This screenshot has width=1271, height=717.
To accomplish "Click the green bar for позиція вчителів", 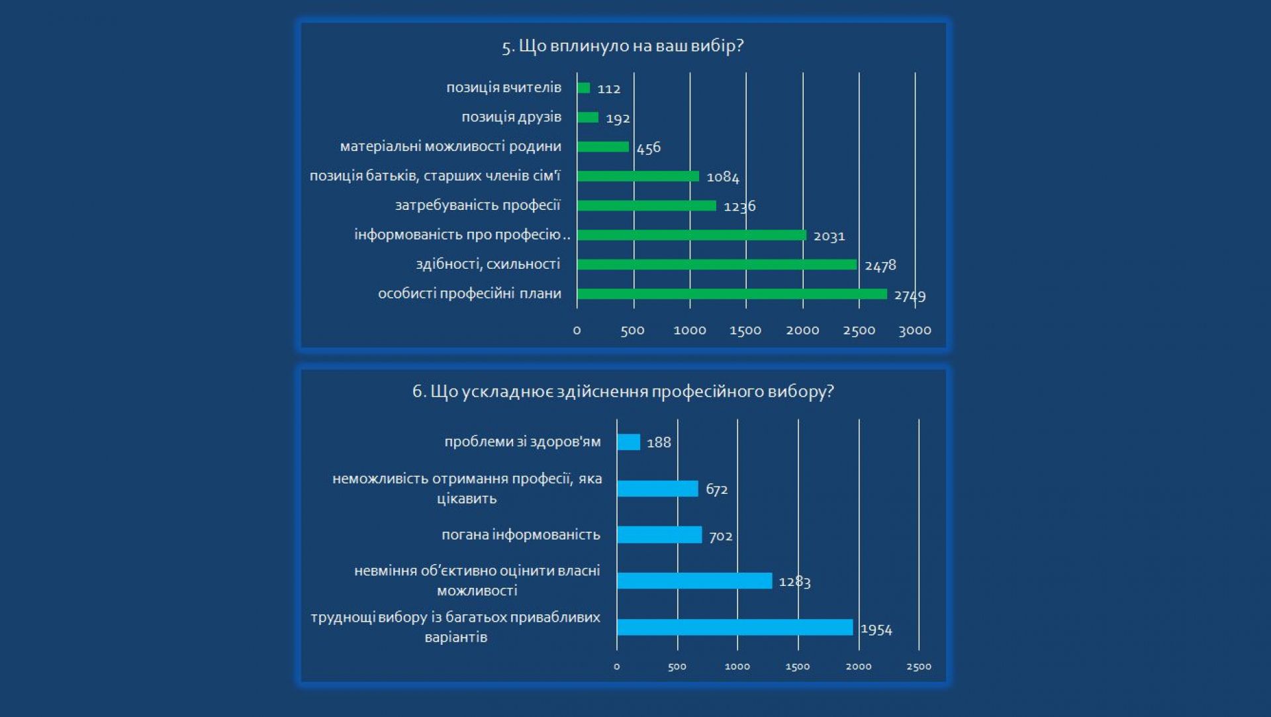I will pyautogui.click(x=583, y=88).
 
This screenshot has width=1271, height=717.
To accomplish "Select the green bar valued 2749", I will pyautogui.click(x=731, y=294).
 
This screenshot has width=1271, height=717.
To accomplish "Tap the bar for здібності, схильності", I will pyautogui.click(x=716, y=264).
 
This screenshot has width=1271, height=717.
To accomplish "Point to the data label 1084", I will pyautogui.click(x=723, y=177).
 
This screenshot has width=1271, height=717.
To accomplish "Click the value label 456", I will pyautogui.click(x=649, y=148).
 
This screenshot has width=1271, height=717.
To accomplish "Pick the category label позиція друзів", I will pyautogui.click(x=511, y=117).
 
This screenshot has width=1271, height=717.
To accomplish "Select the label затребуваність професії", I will pyautogui.click(x=477, y=205).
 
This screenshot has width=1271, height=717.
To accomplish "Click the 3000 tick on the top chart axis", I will pyautogui.click(x=915, y=330).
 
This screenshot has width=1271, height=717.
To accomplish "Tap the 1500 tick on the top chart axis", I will pyautogui.click(x=745, y=330).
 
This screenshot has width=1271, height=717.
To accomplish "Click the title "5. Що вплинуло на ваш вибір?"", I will pyautogui.click(x=623, y=46).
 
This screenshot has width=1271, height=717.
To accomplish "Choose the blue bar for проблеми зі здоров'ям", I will pyautogui.click(x=628, y=442).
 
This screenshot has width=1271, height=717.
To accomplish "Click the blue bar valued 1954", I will pyautogui.click(x=735, y=627).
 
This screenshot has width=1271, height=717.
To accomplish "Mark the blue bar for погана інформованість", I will pyautogui.click(x=659, y=534).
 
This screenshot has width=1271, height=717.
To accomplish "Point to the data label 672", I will pyautogui.click(x=717, y=489).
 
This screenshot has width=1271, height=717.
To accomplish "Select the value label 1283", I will pyautogui.click(x=794, y=581).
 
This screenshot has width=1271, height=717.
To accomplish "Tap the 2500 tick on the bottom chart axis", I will pyautogui.click(x=919, y=667).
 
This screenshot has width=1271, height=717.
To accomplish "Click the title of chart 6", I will pyautogui.click(x=623, y=392).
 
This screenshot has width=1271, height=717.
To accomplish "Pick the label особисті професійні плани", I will pyautogui.click(x=469, y=293).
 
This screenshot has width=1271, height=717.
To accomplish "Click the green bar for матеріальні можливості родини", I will pyautogui.click(x=602, y=147).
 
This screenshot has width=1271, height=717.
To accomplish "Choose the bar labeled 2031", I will pyautogui.click(x=691, y=235).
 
